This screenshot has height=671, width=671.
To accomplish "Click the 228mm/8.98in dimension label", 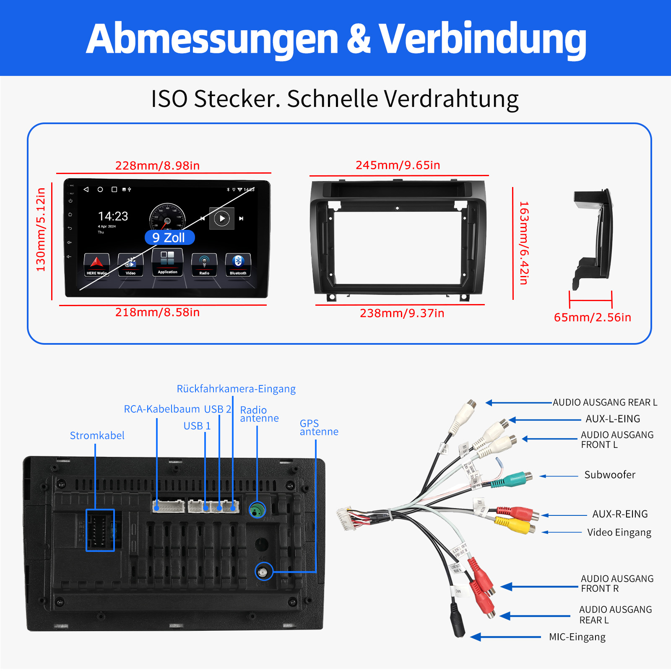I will click(157, 166).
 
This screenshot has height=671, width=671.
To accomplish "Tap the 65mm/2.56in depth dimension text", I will click(592, 317).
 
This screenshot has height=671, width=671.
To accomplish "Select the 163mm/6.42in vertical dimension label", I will click(524, 243).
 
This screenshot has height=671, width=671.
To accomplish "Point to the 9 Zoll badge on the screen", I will click(169, 238).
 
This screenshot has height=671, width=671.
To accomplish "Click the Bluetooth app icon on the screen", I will click(238, 265).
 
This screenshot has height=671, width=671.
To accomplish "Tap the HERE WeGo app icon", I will click(96, 265).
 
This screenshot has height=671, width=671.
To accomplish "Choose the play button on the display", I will click(222, 218).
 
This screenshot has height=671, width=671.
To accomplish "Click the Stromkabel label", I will click(97, 436).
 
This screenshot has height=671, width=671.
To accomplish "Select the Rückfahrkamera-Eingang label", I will click(236, 389).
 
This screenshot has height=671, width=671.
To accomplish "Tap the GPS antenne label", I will click(319, 427).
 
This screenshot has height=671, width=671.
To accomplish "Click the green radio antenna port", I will click(257, 510).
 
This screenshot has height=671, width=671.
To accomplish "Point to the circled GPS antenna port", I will click(263, 572).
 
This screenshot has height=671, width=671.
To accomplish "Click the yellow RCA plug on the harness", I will click(514, 525).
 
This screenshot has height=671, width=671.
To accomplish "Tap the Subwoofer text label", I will click(610, 475).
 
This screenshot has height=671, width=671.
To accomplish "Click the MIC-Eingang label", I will click(577, 637).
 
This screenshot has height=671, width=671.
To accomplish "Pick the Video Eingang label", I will click(619, 533).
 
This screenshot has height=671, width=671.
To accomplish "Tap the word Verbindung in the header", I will click(482, 39).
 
